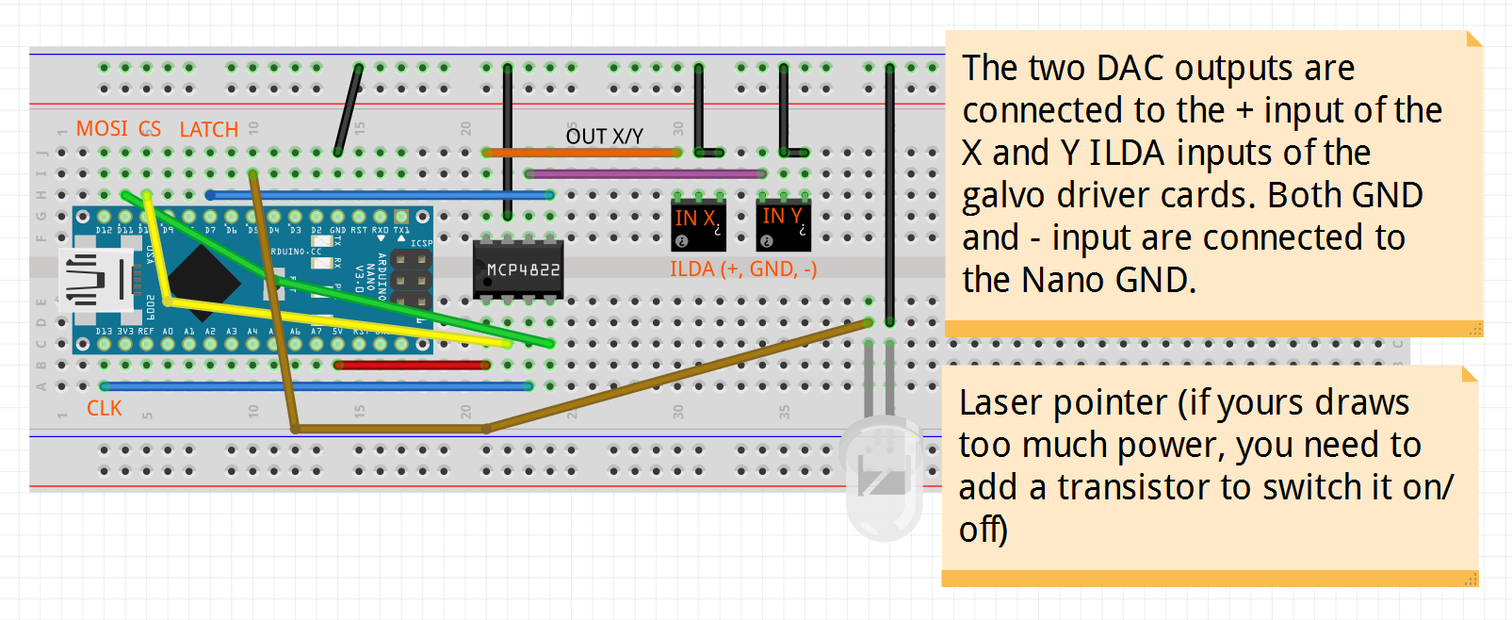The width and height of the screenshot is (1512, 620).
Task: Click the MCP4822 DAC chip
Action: [518, 269]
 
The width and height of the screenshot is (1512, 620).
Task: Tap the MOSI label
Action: [102, 128]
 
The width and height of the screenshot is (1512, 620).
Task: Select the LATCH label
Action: [208, 130]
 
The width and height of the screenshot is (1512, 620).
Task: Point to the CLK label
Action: [104, 408]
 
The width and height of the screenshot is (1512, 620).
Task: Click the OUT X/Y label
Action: [604, 137]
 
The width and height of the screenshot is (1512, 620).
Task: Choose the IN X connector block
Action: [697, 224]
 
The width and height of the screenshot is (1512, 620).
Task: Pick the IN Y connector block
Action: [783, 223]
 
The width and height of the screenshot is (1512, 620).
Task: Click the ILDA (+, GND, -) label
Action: [742, 269]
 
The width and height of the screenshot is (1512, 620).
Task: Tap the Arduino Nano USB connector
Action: [94, 280]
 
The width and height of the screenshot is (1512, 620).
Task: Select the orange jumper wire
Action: [581, 152]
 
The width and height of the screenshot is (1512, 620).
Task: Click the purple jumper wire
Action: [645, 173]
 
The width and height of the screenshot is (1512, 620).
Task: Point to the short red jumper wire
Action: [412, 365]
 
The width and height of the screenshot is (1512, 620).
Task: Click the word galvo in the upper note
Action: [1004, 196]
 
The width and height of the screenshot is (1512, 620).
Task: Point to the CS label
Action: [150, 128]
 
